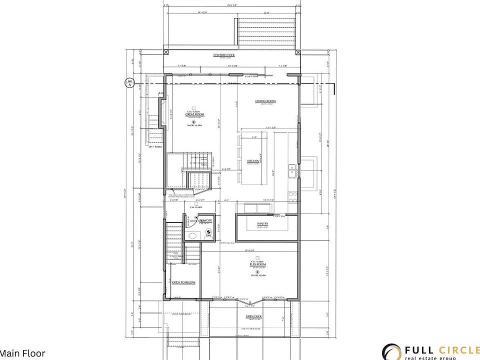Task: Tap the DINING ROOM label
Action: (x=265, y=101)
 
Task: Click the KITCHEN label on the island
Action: (x=253, y=161)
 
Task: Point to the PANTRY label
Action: (x=263, y=224)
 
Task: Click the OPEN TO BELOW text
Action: (x=183, y=282)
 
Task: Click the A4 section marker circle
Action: (x=129, y=82)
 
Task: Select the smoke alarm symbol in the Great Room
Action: (x=194, y=121)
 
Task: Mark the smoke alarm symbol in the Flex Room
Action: (x=255, y=271)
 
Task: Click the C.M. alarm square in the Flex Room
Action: (x=255, y=256)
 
